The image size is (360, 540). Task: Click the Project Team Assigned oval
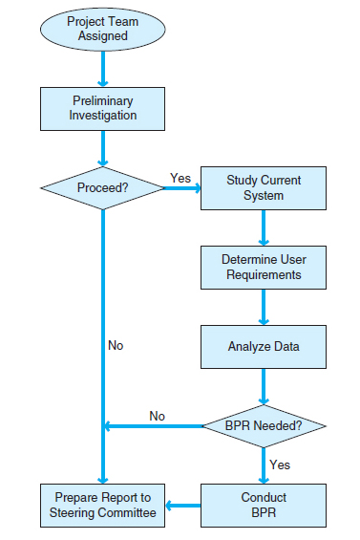102,29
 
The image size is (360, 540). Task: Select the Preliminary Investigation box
102,108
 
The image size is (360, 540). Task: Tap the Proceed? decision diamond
102,187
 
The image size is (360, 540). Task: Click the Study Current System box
263,187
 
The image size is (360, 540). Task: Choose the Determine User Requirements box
263,267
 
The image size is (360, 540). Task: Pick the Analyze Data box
263,347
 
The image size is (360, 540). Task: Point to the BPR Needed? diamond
263,424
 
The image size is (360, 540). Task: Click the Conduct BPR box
263,505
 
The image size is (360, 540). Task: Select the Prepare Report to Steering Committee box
102,505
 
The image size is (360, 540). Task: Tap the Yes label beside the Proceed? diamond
180,178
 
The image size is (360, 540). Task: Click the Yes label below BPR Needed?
280,464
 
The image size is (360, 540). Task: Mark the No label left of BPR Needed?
158,416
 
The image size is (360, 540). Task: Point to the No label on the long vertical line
116,345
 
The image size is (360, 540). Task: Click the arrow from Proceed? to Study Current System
181,187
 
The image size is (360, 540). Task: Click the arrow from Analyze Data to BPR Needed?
263,387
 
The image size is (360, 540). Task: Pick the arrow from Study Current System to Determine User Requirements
263,227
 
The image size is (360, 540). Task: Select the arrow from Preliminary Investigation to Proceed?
102,148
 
